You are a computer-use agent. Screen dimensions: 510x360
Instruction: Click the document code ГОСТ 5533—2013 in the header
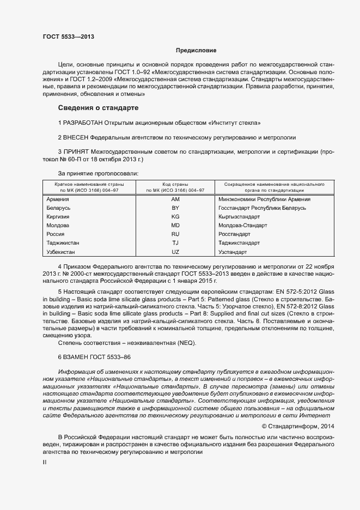coord(68,37)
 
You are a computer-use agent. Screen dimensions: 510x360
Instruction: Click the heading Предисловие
coord(196,50)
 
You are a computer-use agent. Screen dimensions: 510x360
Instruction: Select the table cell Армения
coord(58,199)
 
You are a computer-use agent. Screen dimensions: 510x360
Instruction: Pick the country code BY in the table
coord(175,208)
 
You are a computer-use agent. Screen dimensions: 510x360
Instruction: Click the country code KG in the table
coord(175,216)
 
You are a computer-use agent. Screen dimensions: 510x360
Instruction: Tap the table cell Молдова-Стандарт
coord(242,225)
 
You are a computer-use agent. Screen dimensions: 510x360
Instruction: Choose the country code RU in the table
coord(175,234)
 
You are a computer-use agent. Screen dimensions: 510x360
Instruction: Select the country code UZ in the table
coord(175,252)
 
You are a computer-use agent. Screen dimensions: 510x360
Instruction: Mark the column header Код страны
coord(175,184)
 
